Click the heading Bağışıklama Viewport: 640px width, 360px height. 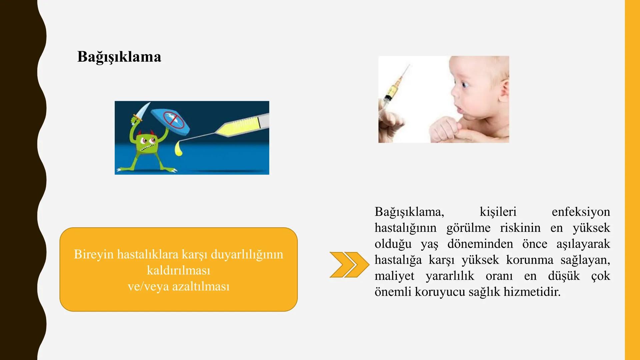(x=119, y=57)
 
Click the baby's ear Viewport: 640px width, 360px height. (x=504, y=89)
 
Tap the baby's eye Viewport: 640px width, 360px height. (x=464, y=85)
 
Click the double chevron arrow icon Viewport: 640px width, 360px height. (x=349, y=265)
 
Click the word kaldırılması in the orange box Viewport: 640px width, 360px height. (x=179, y=270)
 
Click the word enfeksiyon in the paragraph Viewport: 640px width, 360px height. (x=581, y=212)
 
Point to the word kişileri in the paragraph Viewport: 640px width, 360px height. (x=498, y=212)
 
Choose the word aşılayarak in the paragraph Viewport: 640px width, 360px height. (x=583, y=244)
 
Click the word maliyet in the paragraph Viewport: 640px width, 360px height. (x=394, y=276)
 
